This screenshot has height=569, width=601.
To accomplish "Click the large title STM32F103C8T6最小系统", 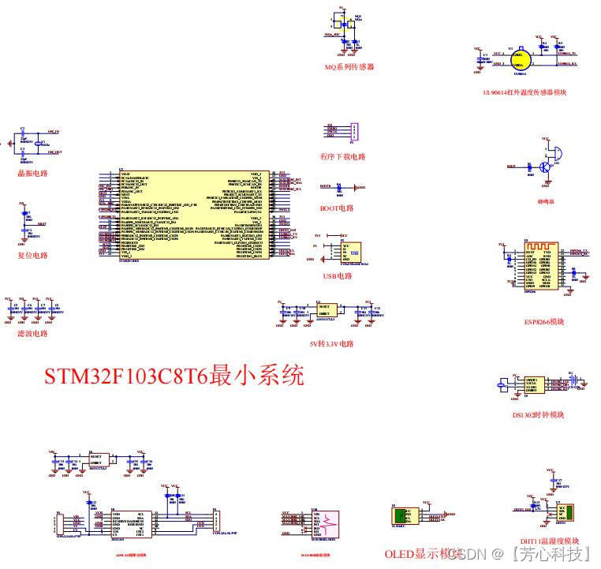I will tap(174, 375).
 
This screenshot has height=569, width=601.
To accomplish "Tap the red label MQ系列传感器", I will tap(349, 67).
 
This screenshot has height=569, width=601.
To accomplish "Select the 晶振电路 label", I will tap(33, 173).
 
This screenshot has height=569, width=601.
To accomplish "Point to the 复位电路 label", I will tap(33, 255).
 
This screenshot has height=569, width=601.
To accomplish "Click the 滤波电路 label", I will tap(33, 333).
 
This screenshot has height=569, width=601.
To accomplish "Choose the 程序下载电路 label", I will tap(343, 156).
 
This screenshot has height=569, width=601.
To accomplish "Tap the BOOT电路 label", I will tap(337, 208).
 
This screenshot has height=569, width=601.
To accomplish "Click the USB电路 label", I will tap(337, 276).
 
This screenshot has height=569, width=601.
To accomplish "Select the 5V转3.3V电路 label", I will tap(332, 344).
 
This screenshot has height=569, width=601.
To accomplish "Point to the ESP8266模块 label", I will tap(545, 321).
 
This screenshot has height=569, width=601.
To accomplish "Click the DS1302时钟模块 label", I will tap(539, 414).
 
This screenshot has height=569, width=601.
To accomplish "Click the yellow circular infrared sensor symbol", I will tap(519, 59).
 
